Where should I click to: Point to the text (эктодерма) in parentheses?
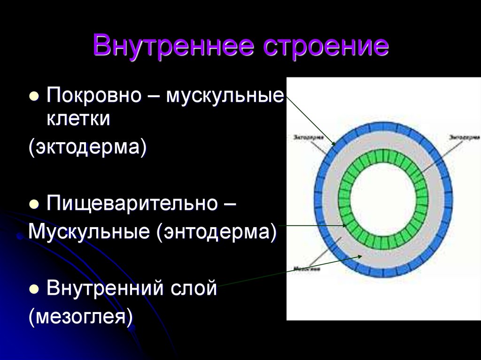(88, 147)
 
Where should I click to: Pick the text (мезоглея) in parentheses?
(81, 315)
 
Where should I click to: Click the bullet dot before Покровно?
(34, 96)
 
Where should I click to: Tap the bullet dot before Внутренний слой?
(34, 288)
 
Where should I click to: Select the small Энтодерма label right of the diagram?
(462, 138)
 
